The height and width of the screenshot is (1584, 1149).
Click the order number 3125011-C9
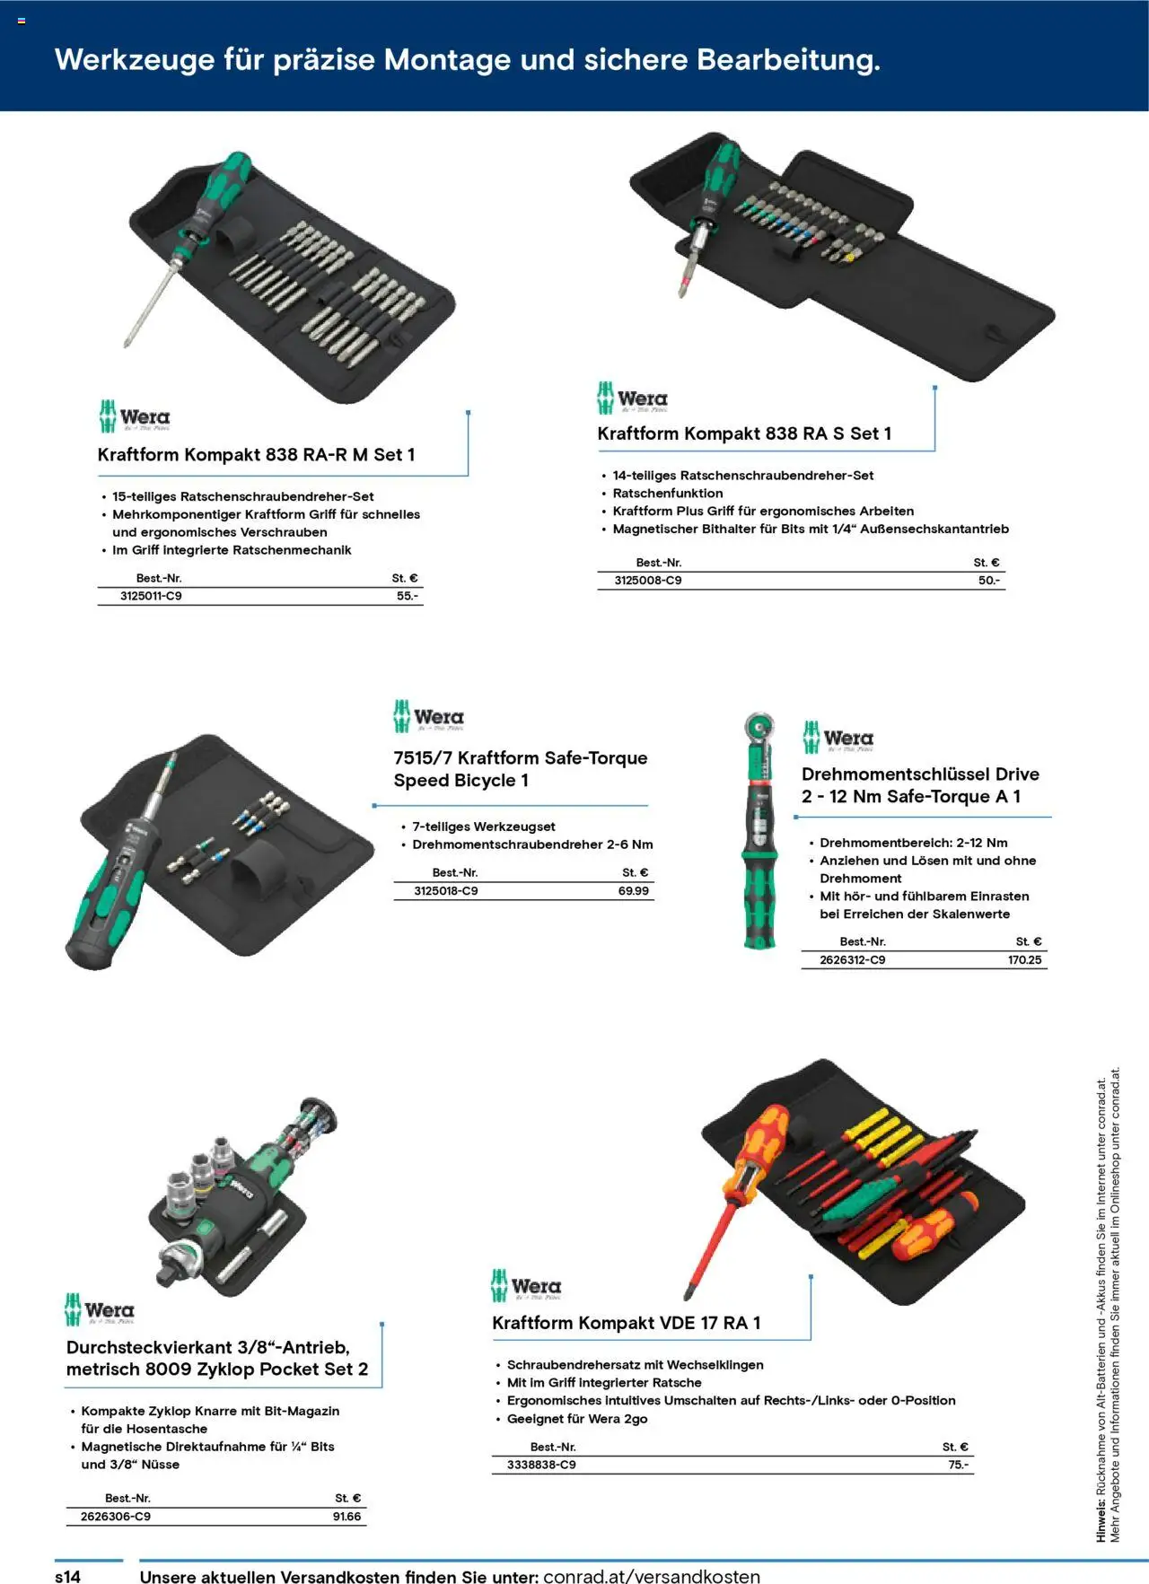(x=151, y=596)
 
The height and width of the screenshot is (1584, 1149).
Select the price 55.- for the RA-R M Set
(x=407, y=596)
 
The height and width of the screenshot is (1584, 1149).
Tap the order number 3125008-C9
(x=647, y=581)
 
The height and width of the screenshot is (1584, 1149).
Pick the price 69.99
(x=633, y=891)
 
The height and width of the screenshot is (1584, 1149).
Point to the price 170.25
(x=1024, y=960)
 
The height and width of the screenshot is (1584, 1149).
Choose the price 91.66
(x=346, y=1517)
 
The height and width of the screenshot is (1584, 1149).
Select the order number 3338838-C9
(x=541, y=1465)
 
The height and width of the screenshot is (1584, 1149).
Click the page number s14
(x=68, y=1577)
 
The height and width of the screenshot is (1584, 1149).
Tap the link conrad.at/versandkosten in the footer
(x=652, y=1577)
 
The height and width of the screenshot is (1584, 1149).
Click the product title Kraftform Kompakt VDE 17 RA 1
(x=626, y=1323)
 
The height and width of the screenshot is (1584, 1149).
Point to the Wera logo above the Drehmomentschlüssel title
(x=838, y=738)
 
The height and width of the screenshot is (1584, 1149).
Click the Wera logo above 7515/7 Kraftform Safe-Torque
(x=428, y=716)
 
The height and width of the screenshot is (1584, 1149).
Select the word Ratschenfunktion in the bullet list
(x=667, y=494)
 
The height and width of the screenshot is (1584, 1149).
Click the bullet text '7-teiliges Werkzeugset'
(x=483, y=827)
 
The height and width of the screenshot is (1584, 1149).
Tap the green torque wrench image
(x=759, y=835)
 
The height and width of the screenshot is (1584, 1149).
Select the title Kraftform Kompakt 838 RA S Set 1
(x=744, y=433)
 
